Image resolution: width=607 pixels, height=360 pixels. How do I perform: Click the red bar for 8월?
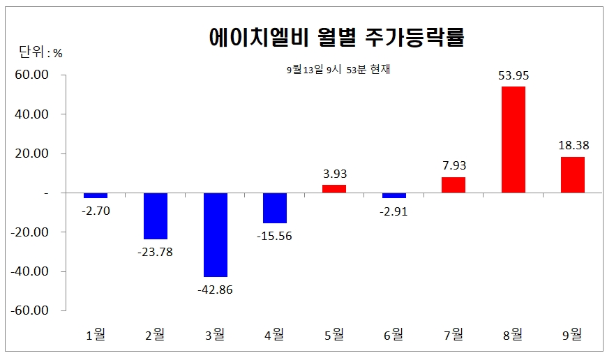tap(513, 140)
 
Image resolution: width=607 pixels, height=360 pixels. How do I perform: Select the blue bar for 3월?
tap(216, 234)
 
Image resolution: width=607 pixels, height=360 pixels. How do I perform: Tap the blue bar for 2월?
tap(156, 216)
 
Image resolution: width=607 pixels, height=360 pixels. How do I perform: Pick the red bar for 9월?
tap(572, 174)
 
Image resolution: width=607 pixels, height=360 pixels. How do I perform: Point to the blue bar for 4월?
tap(275, 208)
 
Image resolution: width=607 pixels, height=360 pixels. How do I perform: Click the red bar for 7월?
tap(454, 185)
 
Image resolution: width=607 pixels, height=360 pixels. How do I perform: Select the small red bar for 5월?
tap(334, 188)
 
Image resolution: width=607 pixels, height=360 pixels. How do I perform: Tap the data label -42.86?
tap(216, 290)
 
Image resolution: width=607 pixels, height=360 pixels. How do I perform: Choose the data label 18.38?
tap(572, 146)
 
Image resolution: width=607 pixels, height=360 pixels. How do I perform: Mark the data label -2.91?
tap(394, 211)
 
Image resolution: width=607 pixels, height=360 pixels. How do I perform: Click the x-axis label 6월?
tap(394, 334)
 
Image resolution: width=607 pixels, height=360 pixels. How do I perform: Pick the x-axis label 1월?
tap(96, 334)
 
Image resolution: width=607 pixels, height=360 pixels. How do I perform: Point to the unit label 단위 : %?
tap(40, 52)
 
